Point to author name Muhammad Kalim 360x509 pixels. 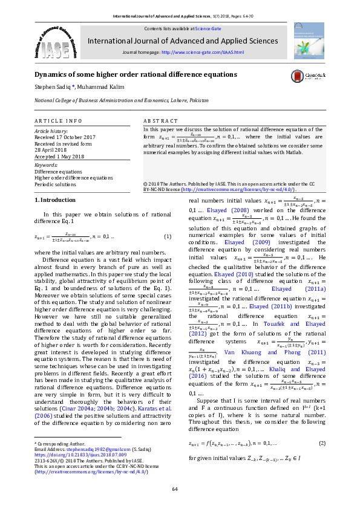(100, 87)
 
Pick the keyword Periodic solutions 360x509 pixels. (55, 184)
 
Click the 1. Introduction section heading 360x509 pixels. (55, 199)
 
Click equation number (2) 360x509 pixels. (322, 443)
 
